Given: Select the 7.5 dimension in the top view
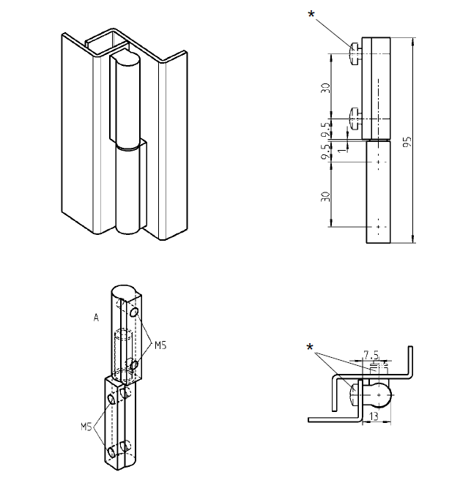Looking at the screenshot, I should (372, 355).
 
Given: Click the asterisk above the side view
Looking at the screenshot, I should (314, 13).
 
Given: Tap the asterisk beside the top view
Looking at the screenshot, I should (311, 346).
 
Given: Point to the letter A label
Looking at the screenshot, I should (96, 318).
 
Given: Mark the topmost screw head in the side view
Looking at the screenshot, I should (355, 53).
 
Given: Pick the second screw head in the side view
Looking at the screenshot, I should (355, 117).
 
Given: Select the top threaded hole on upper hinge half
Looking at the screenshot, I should (135, 313).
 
